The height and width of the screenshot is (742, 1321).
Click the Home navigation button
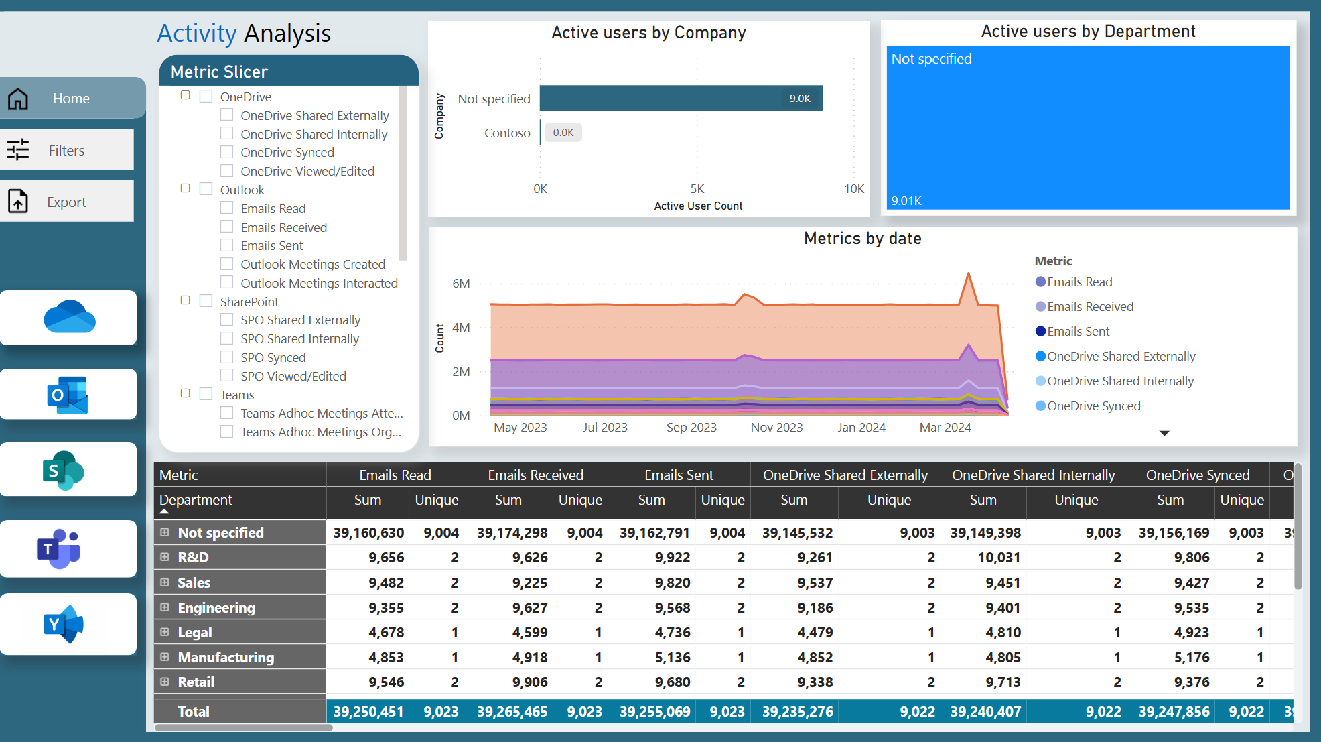[70, 99]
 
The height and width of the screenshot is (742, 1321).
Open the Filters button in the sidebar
[66, 151]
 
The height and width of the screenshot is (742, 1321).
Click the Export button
[66, 202]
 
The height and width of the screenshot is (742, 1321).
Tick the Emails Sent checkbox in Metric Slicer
[227, 245]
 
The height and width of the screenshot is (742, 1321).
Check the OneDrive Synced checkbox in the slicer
[227, 152]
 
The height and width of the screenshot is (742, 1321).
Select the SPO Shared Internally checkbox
[227, 338]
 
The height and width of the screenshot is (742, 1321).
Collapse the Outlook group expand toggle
[186, 189]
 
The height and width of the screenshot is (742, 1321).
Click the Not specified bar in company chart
[680, 99]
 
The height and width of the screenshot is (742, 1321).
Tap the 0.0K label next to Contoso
[563, 133]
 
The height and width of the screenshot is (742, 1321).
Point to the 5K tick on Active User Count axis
[697, 189]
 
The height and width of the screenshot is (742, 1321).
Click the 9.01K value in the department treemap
[906, 201]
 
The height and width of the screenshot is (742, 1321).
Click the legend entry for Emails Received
[1089, 307]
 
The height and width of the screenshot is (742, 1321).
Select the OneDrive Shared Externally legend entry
[1120, 357]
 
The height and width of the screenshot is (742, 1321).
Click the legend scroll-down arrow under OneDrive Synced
[1164, 433]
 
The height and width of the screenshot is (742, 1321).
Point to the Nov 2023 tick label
[776, 428]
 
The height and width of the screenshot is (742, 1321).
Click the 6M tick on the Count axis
[461, 284]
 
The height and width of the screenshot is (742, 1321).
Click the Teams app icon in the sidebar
[67, 548]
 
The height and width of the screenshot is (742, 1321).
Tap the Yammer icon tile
[67, 624]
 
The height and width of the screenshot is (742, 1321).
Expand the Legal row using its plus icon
[165, 632]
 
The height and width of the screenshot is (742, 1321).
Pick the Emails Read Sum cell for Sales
[386, 583]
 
